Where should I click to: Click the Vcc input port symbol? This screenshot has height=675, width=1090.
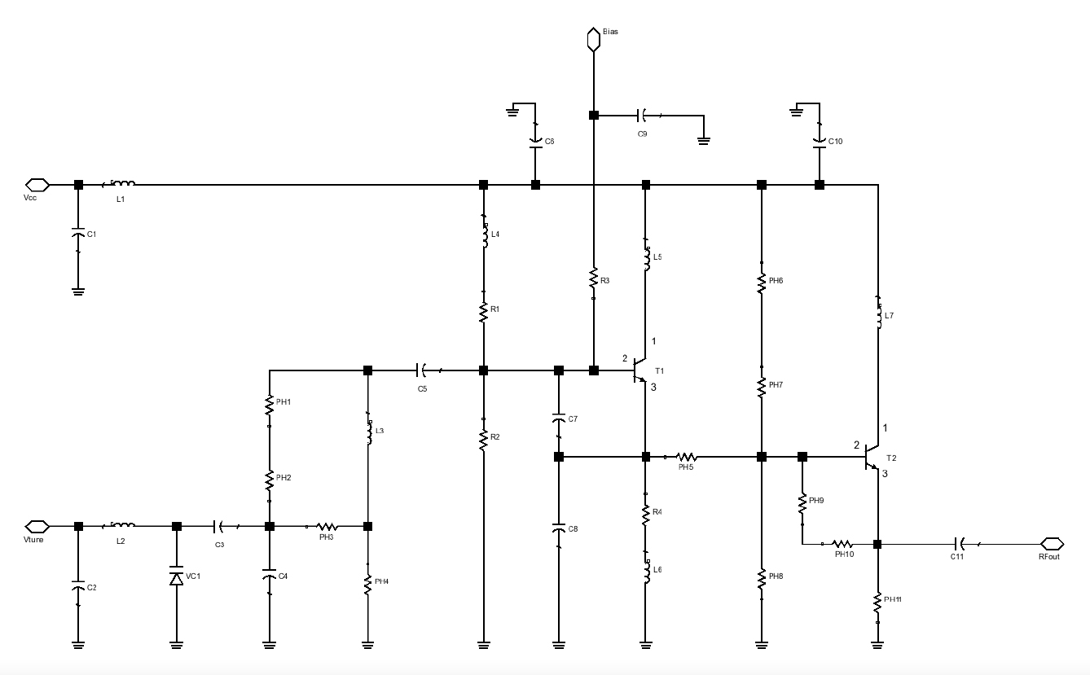(x=38, y=185)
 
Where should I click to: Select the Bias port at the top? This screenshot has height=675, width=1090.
(x=594, y=39)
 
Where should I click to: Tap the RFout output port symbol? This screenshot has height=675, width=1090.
(x=1051, y=543)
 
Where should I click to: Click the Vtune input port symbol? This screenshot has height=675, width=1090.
(x=38, y=526)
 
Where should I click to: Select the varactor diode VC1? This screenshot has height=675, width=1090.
(x=176, y=577)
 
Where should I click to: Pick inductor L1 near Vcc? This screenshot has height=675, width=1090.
(x=121, y=185)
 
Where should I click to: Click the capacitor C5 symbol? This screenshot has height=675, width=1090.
(x=424, y=370)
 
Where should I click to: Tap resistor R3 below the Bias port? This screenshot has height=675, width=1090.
(x=594, y=278)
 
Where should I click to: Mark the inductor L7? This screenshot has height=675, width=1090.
(x=878, y=314)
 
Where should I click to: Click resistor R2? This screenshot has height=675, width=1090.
(x=484, y=437)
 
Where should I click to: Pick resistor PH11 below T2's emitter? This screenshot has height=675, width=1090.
(x=878, y=603)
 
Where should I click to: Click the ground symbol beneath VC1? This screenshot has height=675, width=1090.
(x=176, y=644)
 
